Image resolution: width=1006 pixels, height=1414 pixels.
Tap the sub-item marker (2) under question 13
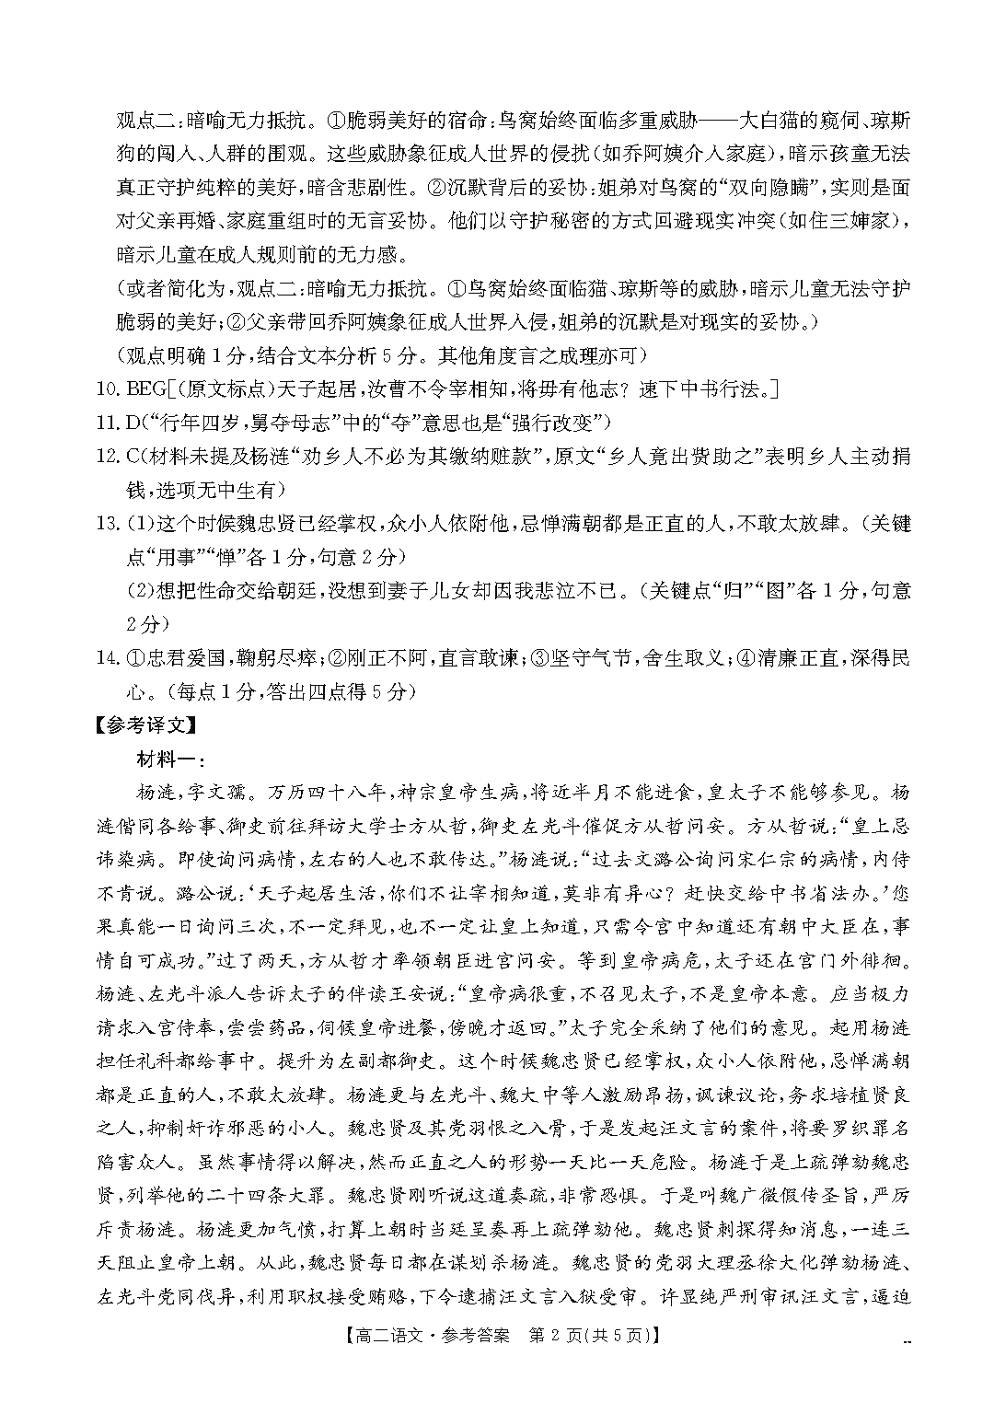tap(140, 591)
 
